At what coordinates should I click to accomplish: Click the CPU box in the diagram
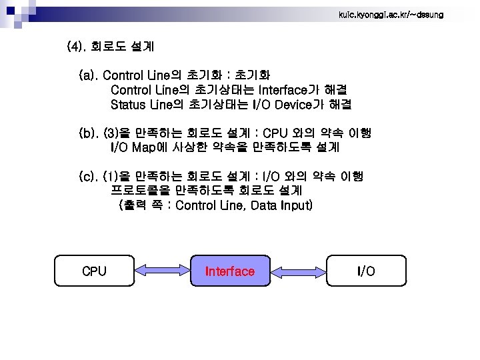tap(94, 271)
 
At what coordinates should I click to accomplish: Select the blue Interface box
tap(230, 271)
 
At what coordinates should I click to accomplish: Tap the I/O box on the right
tap(365, 271)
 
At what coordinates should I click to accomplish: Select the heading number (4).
tap(77, 47)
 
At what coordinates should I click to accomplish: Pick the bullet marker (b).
tap(89, 133)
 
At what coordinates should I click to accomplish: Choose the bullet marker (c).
tap(89, 177)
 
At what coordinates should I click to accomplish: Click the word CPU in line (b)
tap(277, 133)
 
